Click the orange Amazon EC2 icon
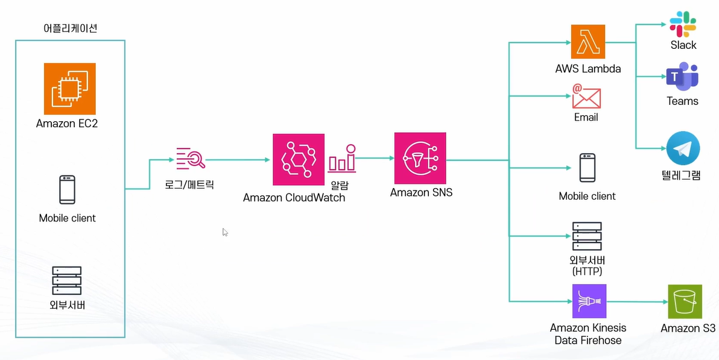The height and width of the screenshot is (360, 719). pos(70,89)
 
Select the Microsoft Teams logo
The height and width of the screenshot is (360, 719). pos(682,77)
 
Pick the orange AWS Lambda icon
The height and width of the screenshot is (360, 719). pos(588,42)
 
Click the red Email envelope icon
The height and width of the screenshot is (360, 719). pos(586,96)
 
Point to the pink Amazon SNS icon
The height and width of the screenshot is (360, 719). pos(420,159)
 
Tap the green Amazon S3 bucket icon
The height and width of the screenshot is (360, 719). pos(685,302)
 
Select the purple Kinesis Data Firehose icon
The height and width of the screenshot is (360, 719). pos(588,302)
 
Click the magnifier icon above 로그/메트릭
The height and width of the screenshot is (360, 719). pos(191,157)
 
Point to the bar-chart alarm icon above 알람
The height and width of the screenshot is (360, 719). pos(342,158)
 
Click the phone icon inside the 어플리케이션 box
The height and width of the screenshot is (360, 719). pos(67,189)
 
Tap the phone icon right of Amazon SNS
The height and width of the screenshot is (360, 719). pos(587,168)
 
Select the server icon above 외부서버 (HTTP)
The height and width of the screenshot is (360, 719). pos(587,237)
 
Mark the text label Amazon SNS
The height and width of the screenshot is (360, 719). pos(421,193)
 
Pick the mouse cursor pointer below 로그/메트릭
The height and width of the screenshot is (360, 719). pos(225,232)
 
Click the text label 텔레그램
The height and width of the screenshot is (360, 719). pos(681,176)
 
